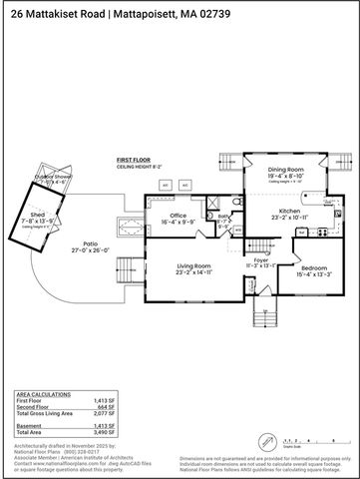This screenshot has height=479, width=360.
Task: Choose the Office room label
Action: pyautogui.click(x=179, y=215)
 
